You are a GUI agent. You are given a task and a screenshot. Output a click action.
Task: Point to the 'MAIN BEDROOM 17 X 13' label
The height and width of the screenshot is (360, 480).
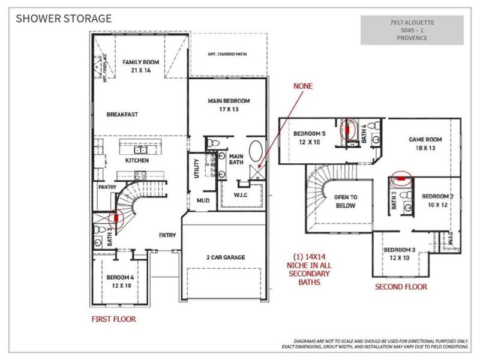[228, 105]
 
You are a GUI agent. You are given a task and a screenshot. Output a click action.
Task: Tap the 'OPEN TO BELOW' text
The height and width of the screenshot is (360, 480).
[345, 201]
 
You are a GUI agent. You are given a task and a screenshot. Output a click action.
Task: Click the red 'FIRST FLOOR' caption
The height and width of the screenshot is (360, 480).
[114, 320]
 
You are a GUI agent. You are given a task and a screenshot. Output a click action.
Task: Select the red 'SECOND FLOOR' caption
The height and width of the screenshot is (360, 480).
[401, 287]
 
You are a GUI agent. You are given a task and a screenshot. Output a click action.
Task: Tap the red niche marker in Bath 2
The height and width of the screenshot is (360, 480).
[400, 177]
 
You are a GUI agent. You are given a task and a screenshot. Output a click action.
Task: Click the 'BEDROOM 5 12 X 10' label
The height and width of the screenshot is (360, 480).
[310, 137]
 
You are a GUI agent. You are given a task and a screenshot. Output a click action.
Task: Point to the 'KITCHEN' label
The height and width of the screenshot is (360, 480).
[137, 161]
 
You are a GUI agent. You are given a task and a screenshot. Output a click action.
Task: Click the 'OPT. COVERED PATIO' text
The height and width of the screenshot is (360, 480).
[229, 54]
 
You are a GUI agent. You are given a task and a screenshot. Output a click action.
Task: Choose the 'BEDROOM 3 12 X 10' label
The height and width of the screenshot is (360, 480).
[400, 253]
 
